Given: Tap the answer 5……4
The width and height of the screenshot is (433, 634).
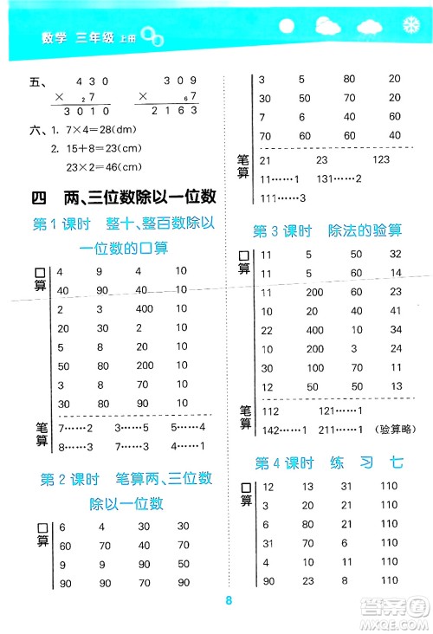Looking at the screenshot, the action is [188, 428].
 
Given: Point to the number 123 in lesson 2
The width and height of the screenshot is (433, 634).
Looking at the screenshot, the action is [382, 160].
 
